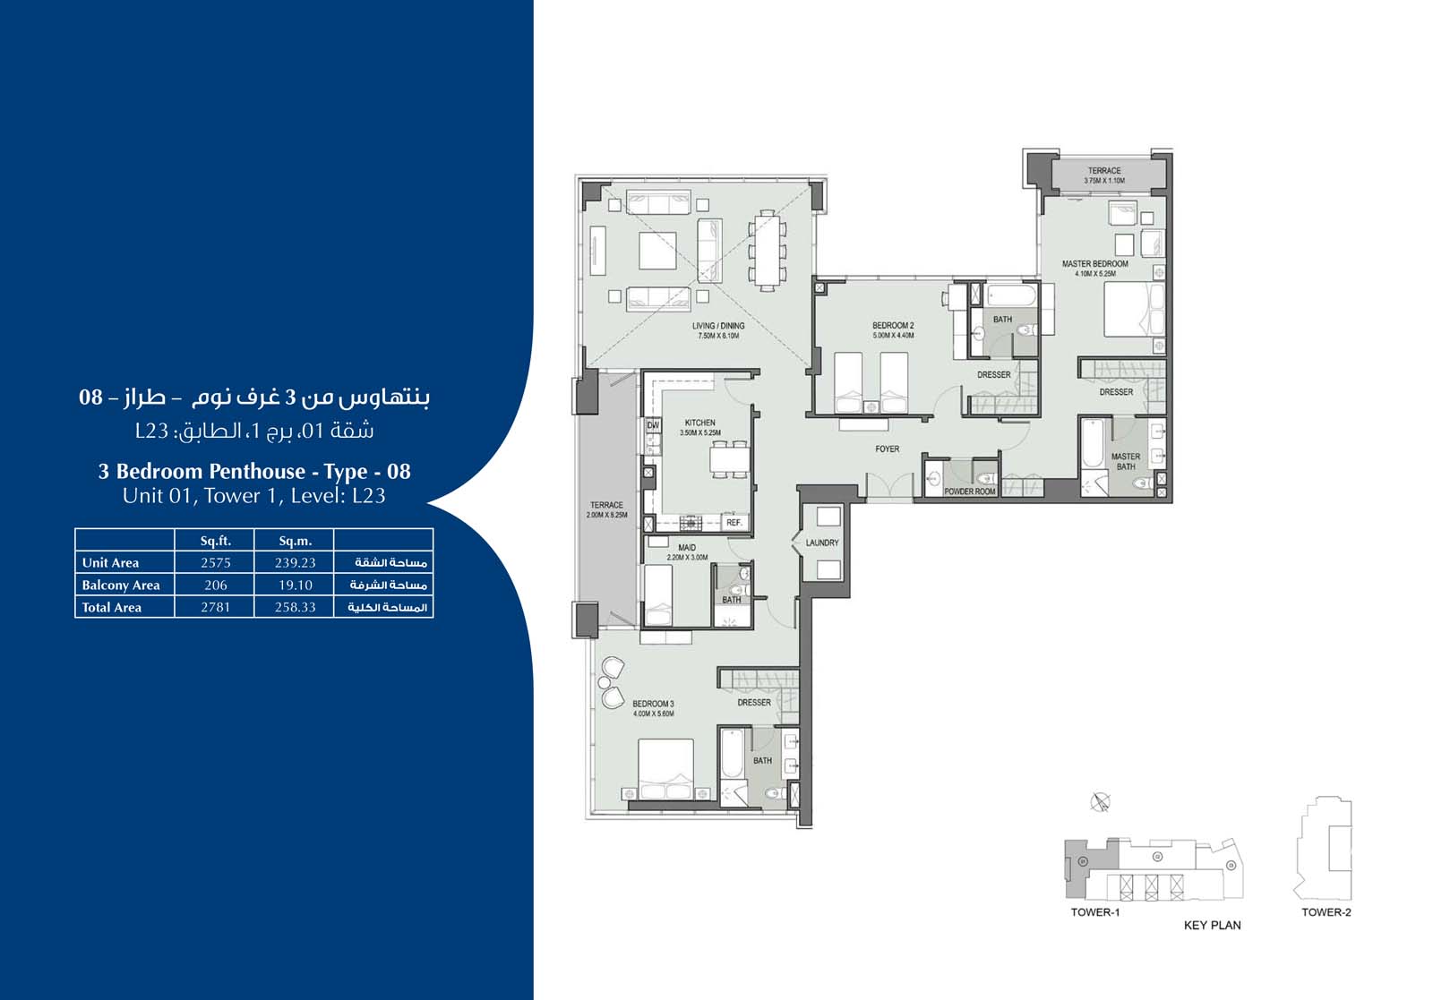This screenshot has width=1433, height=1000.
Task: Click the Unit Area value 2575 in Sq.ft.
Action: point(215,563)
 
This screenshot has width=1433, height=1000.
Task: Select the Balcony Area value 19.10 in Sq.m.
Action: point(295,585)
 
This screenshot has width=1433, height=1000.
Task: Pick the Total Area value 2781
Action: point(215,607)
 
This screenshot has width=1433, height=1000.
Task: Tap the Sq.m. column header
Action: point(295,541)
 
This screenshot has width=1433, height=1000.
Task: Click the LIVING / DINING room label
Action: point(717,326)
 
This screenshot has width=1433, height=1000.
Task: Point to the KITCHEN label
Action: point(699,423)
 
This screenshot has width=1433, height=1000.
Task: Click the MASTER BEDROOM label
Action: point(1094,264)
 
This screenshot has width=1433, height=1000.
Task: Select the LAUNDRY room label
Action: point(821,543)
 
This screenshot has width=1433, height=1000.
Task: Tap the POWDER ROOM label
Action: point(969,491)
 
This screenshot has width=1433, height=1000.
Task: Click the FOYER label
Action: point(887,449)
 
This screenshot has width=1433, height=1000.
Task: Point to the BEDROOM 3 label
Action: point(653,704)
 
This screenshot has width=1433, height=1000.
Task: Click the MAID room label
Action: point(686,548)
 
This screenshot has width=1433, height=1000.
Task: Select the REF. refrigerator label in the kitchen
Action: point(734,523)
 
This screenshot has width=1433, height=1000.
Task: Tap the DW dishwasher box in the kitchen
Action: point(653,426)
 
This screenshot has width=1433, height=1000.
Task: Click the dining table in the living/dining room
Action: point(766,250)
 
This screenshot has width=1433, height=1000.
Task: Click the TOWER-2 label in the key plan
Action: point(1326,912)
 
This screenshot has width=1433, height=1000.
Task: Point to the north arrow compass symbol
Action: point(1101,802)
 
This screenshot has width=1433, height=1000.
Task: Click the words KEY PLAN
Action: point(1212,926)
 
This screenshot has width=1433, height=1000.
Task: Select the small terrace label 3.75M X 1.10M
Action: point(1104,181)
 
